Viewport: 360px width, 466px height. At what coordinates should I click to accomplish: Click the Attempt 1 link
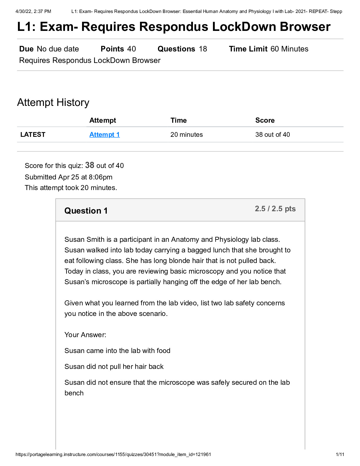pos(104,135)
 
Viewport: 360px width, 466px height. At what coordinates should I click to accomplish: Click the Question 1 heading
pos(86,211)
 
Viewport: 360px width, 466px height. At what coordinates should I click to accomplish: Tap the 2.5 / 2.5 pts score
pos(275,209)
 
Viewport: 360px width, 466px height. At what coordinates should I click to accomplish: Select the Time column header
pos(179,120)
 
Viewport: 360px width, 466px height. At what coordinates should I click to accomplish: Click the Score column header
pos(265,120)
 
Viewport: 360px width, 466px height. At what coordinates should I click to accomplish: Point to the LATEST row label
pos(33,135)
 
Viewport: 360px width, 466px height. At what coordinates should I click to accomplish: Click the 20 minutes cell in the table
pos(186,135)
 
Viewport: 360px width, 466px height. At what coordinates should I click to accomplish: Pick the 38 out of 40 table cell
pos(272,135)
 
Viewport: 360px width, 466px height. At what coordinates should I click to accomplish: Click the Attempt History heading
pos(53,102)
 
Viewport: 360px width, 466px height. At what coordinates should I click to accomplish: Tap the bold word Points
pos(112,49)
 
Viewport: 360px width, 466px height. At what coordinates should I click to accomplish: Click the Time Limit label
pos(248,49)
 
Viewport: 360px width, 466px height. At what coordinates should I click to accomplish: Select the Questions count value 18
pos(203,49)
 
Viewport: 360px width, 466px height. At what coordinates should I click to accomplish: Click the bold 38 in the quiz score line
pos(90,165)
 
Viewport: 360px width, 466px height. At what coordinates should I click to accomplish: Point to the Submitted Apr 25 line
pos(69,177)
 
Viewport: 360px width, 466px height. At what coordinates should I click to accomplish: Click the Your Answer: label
pos(85,335)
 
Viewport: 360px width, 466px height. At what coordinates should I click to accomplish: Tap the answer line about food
pos(117,351)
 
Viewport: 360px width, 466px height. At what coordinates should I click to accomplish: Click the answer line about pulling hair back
pos(114,367)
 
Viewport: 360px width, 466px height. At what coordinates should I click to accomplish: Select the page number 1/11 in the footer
pos(340,455)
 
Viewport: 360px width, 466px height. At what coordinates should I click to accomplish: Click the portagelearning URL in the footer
pos(113,455)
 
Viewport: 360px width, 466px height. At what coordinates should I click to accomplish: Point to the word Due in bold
pos(26,49)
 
